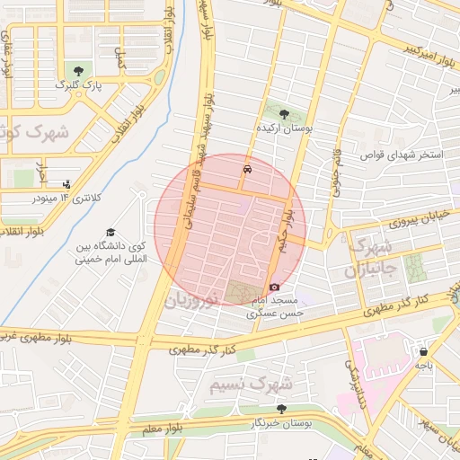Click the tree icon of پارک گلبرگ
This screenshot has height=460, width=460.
(82, 70)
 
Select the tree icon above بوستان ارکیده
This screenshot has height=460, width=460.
(285, 114)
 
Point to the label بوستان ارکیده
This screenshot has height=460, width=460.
(284, 129)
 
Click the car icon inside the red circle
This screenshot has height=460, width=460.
(246, 169)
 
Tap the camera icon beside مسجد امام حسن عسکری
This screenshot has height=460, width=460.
(274, 287)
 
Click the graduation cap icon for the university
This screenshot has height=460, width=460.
(111, 232)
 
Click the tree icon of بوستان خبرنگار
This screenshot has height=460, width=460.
(282, 409)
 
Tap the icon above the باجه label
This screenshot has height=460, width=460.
(422, 352)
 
